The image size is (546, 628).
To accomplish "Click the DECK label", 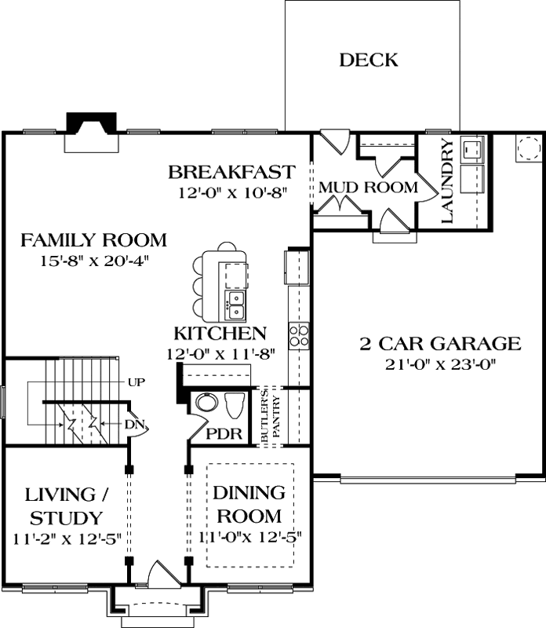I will [x=369, y=60].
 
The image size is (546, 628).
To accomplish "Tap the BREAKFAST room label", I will [x=232, y=172].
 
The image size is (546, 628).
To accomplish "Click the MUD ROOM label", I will [x=367, y=188].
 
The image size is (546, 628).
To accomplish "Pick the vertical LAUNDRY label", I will [x=447, y=181].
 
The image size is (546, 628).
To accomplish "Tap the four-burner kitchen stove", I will [x=299, y=335].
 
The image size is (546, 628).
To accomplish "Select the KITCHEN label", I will [x=220, y=334].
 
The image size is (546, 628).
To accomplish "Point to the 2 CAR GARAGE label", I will [x=440, y=344].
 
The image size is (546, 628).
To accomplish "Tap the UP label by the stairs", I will [x=136, y=382].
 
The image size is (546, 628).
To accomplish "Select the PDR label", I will [x=223, y=434].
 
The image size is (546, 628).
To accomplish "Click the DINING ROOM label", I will [x=249, y=505].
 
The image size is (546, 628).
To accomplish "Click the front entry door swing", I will [x=160, y=575].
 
